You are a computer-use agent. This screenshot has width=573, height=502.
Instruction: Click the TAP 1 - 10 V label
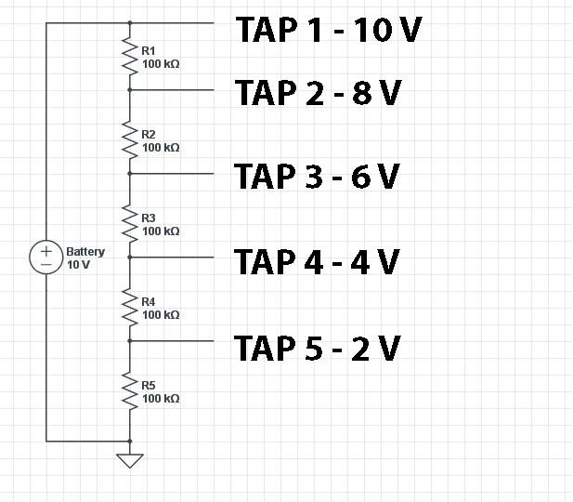(x=329, y=30)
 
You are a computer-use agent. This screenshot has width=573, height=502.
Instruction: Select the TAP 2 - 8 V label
(x=318, y=94)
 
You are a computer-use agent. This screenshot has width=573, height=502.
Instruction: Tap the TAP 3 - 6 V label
(x=317, y=176)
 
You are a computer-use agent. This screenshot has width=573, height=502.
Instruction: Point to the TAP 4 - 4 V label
(x=317, y=261)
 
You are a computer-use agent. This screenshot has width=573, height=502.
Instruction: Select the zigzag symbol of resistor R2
(x=130, y=139)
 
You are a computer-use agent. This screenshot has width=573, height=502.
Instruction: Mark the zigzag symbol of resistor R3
(x=130, y=223)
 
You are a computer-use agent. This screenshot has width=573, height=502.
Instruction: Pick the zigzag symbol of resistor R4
(x=130, y=307)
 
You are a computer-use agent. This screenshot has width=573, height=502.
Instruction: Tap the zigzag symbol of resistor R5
(x=130, y=390)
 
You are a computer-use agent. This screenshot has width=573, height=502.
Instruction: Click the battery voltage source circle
(x=46, y=257)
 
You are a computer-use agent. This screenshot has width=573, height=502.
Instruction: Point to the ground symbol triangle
(x=130, y=459)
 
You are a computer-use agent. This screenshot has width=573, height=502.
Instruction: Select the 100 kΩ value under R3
(x=161, y=231)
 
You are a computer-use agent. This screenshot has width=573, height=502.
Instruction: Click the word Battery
(x=85, y=251)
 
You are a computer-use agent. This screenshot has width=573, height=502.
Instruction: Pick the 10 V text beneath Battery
(x=78, y=264)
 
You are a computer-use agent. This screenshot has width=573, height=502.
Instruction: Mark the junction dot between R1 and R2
(x=130, y=90)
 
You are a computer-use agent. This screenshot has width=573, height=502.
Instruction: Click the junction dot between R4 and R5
(x=130, y=341)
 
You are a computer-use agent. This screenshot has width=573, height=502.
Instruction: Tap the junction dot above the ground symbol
(x=130, y=442)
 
